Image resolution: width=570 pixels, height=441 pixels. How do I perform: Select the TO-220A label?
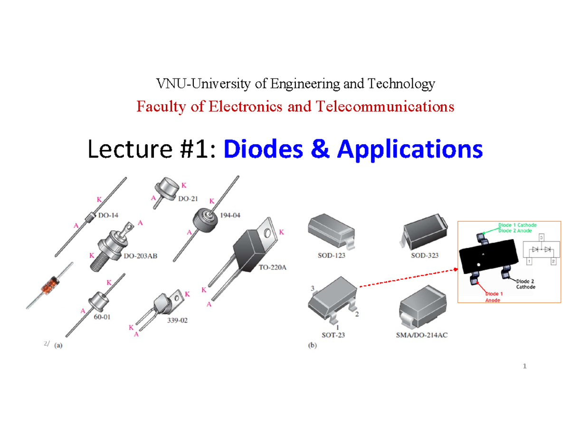[273, 267]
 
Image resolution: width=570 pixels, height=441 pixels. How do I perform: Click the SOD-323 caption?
[425, 255]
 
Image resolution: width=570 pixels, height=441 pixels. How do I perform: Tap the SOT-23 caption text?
[333, 335]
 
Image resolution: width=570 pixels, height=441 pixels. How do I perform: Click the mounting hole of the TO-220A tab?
[267, 234]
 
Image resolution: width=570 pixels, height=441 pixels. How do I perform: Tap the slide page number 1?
[525, 366]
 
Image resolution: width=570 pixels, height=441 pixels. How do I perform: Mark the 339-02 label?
[177, 321]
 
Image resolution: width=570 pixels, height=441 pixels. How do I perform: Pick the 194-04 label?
[230, 215]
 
